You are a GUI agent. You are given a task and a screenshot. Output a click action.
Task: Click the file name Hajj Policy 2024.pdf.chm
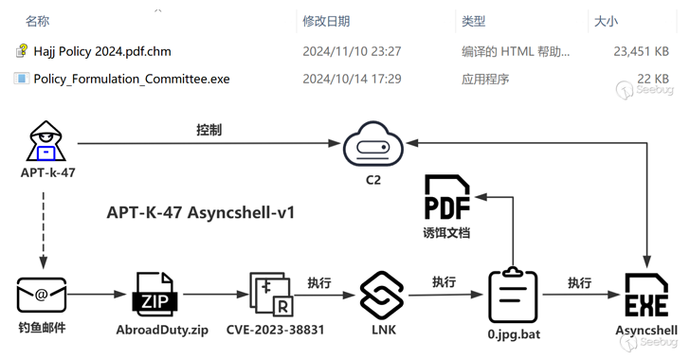(x=101, y=51)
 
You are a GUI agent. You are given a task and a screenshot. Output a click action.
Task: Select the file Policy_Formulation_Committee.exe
(x=131, y=79)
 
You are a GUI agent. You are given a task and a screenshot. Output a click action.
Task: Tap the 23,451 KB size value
(x=642, y=51)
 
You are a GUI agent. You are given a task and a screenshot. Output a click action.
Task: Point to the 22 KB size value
(x=653, y=79)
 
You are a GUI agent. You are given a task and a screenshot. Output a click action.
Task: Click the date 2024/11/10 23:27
(x=352, y=51)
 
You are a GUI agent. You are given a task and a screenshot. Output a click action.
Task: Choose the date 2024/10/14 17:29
(x=352, y=79)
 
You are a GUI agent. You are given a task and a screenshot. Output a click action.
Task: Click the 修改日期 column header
(x=326, y=21)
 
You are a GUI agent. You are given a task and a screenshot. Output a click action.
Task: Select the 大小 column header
(x=605, y=21)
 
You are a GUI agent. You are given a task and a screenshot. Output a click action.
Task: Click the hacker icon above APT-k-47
(x=44, y=143)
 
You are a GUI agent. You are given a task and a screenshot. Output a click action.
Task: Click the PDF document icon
(x=446, y=198)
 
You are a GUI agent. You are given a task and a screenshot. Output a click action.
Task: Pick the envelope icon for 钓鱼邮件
(x=42, y=296)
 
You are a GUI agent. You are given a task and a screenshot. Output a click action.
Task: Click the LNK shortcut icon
(x=382, y=295)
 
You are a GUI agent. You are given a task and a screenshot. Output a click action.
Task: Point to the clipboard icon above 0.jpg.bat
(x=513, y=296)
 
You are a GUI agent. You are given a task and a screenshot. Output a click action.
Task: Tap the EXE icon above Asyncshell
(x=647, y=296)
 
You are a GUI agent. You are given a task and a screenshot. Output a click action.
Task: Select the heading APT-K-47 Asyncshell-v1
(x=200, y=212)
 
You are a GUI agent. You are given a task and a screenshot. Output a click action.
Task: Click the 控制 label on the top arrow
(x=209, y=130)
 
